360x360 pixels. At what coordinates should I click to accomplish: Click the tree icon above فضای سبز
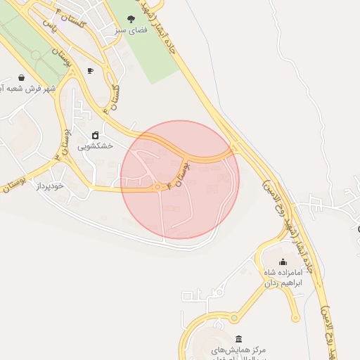(x=131, y=20)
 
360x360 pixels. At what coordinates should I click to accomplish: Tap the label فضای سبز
(x=131, y=32)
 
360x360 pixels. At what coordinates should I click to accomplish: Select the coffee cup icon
(x=90, y=71)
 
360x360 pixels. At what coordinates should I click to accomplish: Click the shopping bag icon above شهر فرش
(x=21, y=78)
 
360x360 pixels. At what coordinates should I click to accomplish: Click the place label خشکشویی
(x=94, y=146)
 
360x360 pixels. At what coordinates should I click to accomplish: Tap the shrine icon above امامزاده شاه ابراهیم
(x=283, y=262)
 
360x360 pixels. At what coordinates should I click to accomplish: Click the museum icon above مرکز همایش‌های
(x=238, y=339)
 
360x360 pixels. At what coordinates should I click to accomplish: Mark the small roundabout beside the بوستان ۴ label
(x=157, y=187)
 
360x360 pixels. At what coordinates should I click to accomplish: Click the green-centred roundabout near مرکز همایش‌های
(x=233, y=319)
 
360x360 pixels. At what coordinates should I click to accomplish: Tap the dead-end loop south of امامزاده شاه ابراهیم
(x=296, y=318)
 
